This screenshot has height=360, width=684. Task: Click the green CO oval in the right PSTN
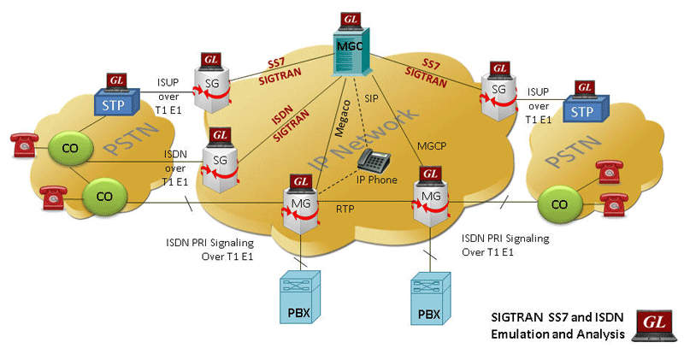pos(559,204)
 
